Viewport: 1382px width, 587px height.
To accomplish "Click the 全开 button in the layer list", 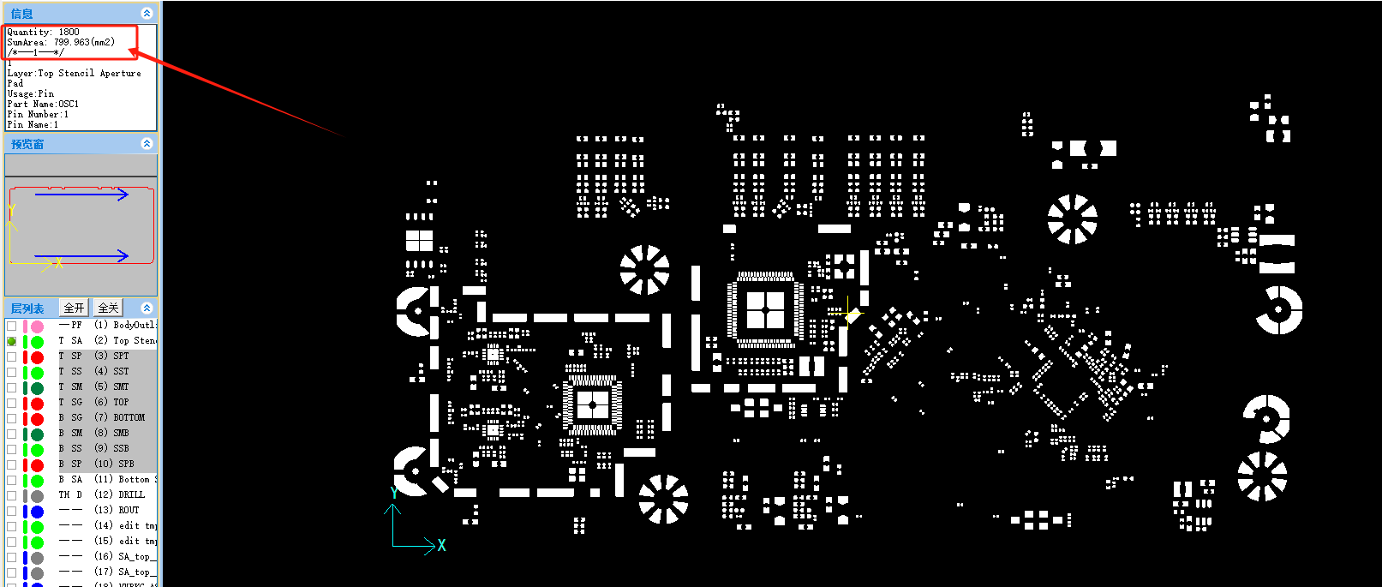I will (75, 308).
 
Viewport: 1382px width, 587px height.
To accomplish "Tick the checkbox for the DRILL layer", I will (11, 495).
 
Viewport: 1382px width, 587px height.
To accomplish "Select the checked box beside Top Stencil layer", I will (11, 341).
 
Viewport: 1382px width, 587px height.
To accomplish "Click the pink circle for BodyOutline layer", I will (38, 326).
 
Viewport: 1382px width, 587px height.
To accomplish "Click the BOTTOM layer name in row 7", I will (129, 418).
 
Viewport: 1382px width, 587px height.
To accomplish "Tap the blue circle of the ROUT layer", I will (38, 512).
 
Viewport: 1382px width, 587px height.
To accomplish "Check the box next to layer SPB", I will (11, 464).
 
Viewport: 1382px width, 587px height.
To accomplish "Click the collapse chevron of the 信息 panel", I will (147, 14).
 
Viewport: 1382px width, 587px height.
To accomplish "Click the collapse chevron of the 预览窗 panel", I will (147, 144).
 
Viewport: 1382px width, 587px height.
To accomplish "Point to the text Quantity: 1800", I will (43, 33).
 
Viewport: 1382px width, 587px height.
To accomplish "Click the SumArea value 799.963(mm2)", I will (84, 42).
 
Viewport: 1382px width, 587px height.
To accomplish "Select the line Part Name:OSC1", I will (43, 105).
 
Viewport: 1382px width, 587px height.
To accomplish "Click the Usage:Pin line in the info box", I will (30, 94).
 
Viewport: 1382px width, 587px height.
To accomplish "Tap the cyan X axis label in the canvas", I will (441, 546).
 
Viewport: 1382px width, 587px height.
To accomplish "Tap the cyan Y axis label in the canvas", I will (393, 494).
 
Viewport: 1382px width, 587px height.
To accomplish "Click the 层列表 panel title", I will (27, 308).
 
